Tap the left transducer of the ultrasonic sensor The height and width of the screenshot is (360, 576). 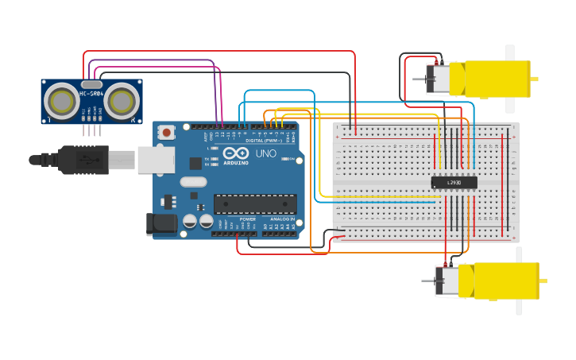pyautogui.click(x=60, y=101)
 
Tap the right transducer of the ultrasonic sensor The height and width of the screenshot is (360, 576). pyautogui.click(x=122, y=101)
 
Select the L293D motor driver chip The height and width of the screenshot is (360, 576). pyautogui.click(x=454, y=182)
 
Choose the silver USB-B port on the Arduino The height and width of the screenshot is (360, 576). pyautogui.click(x=156, y=160)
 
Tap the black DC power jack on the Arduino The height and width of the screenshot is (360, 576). pyautogui.click(x=162, y=224)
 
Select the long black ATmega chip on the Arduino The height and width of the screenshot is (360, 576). pyautogui.click(x=254, y=204)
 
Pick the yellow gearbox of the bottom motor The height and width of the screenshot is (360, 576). pyautogui.click(x=499, y=281)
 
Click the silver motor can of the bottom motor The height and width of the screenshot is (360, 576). pyautogui.click(x=448, y=281)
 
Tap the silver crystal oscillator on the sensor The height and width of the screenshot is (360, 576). pyautogui.click(x=91, y=83)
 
